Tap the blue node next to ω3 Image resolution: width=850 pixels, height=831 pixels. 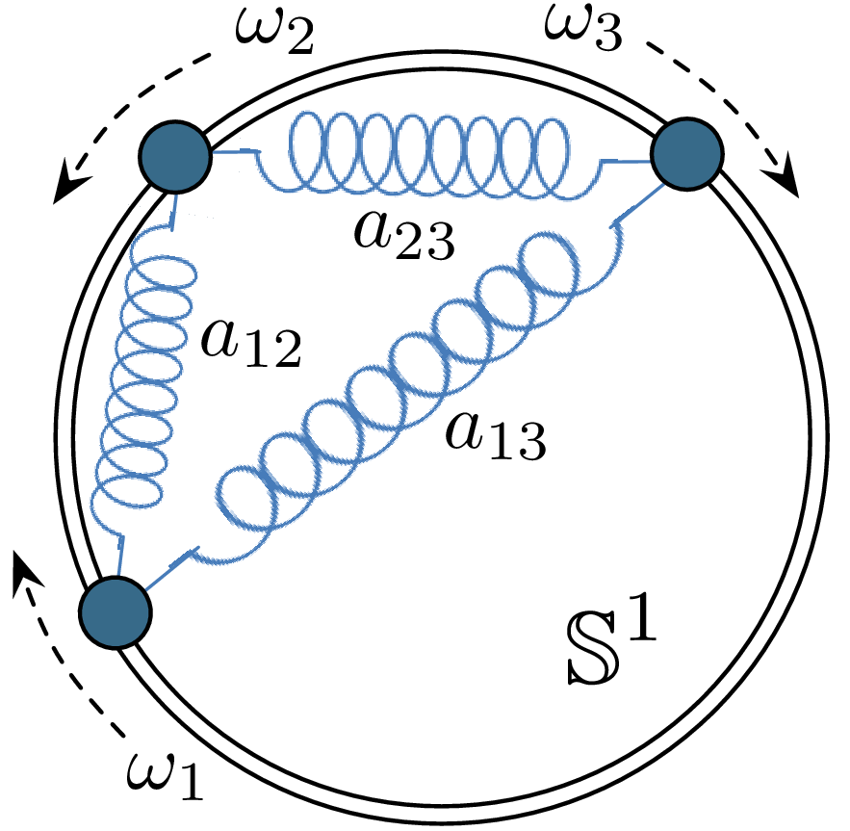(x=687, y=154)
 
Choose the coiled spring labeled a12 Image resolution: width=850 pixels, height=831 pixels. (x=144, y=376)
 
